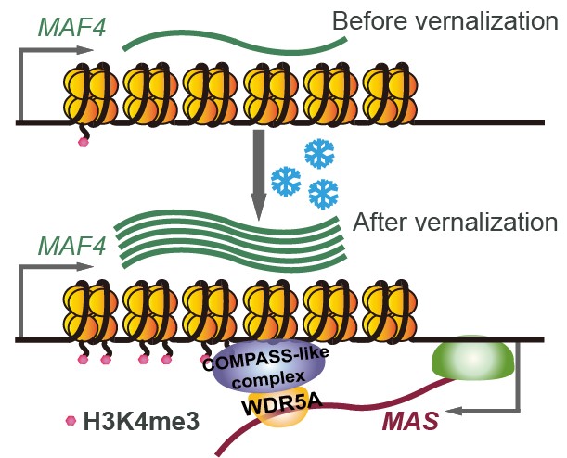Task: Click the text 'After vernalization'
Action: tap(454, 223)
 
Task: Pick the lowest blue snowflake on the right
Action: tap(322, 193)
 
